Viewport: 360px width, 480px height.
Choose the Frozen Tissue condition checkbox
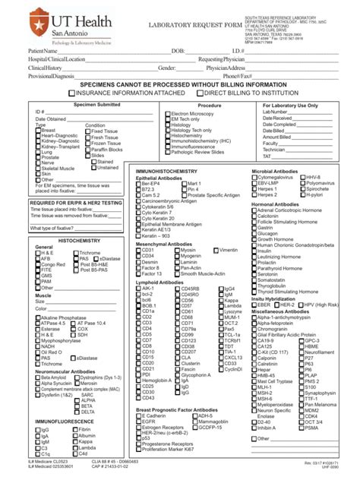87,143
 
